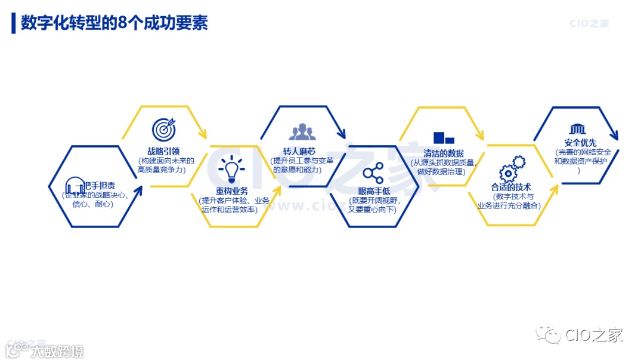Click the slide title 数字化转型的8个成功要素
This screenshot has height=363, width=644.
(x=114, y=23)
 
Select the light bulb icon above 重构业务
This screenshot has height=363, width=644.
(x=231, y=169)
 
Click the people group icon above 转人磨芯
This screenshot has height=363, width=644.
(x=302, y=131)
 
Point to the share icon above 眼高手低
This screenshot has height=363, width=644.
(x=373, y=173)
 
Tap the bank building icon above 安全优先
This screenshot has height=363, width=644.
(x=577, y=130)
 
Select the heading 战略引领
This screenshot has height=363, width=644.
(x=163, y=151)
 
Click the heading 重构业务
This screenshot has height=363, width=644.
(x=232, y=191)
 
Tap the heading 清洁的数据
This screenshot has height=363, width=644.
(x=444, y=153)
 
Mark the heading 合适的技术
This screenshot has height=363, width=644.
(x=511, y=187)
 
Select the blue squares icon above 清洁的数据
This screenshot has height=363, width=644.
(x=444, y=137)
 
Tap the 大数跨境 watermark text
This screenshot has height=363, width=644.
(x=57, y=350)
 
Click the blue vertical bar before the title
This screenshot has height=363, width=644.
(x=13, y=23)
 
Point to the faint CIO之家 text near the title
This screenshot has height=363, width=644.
(x=589, y=24)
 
